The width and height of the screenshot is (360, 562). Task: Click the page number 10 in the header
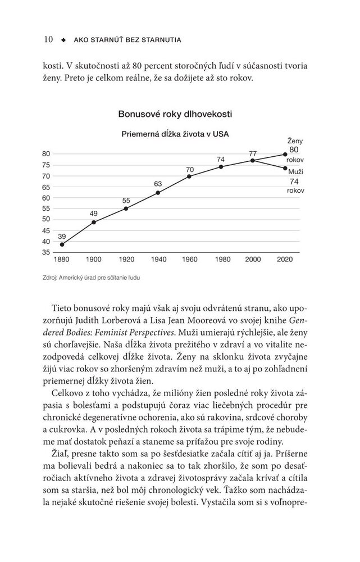click(48, 39)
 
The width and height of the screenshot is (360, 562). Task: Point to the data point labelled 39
click(62, 244)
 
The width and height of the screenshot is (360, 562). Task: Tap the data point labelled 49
click(94, 222)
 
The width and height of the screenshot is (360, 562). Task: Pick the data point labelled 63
click(158, 193)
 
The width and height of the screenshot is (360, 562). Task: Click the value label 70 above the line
click(190, 169)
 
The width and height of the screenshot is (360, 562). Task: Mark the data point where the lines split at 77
click(253, 160)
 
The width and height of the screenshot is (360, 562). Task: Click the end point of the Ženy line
click(285, 154)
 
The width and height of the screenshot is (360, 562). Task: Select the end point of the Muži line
click(285, 167)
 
